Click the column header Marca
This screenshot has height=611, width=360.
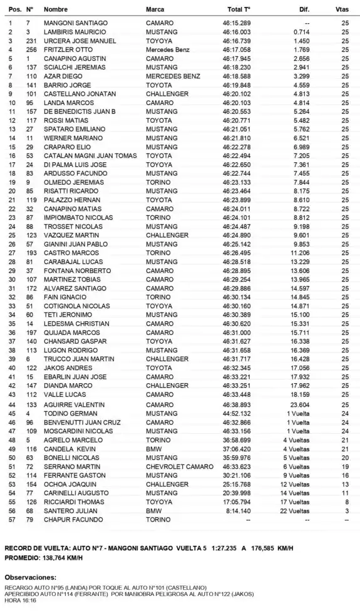tap(155, 11)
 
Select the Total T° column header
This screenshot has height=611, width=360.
tap(239, 11)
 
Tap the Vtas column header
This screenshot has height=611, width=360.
tap(342, 11)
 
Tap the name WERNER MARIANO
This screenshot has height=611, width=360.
tap(66, 137)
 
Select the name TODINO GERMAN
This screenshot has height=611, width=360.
tap(64, 413)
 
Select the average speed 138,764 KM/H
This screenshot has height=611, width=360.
tap(69, 557)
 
